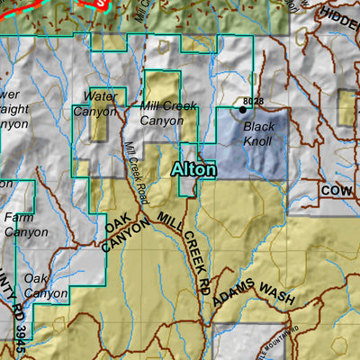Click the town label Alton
(x=194, y=169)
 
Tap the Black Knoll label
(x=259, y=134)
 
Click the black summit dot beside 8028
(x=242, y=110)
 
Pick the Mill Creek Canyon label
(x=167, y=113)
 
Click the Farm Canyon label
(x=25, y=224)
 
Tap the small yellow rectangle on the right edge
(x=347, y=106)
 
